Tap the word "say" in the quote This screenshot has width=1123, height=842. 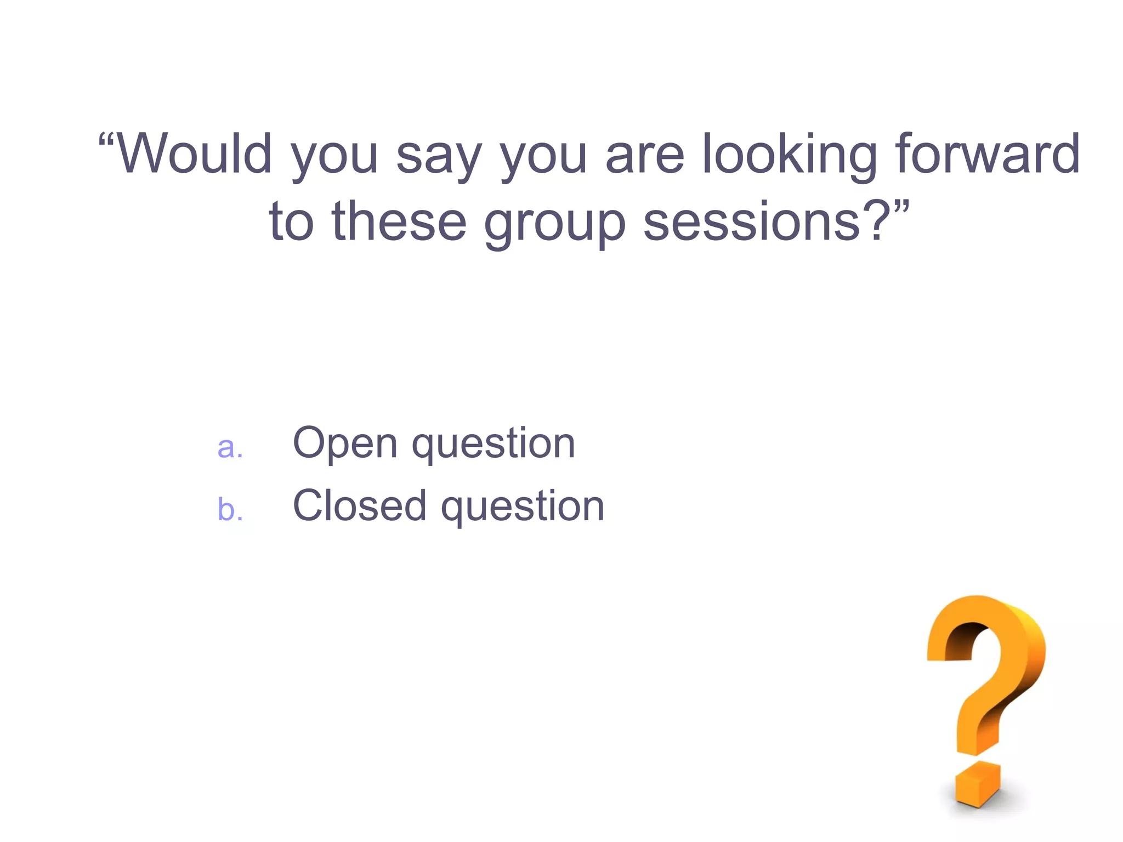coord(439,159)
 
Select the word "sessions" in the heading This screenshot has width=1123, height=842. coord(752,221)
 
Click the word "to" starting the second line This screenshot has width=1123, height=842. coord(291,221)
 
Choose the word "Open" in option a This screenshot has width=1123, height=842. coord(345,443)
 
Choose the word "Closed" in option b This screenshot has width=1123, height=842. coord(360,505)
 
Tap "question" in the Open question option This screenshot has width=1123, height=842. coord(494,446)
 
